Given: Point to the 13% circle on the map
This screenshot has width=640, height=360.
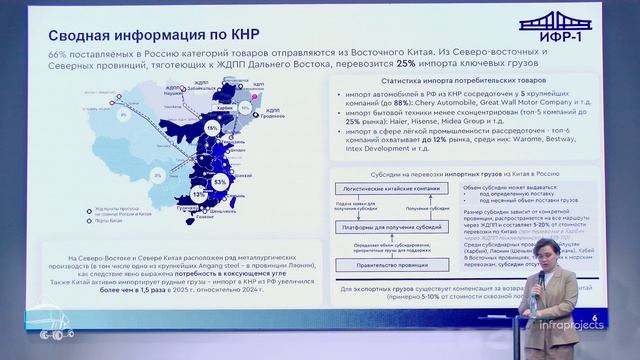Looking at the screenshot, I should tap(199, 192).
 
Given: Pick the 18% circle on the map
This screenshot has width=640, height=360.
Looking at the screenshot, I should tap(213, 129).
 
